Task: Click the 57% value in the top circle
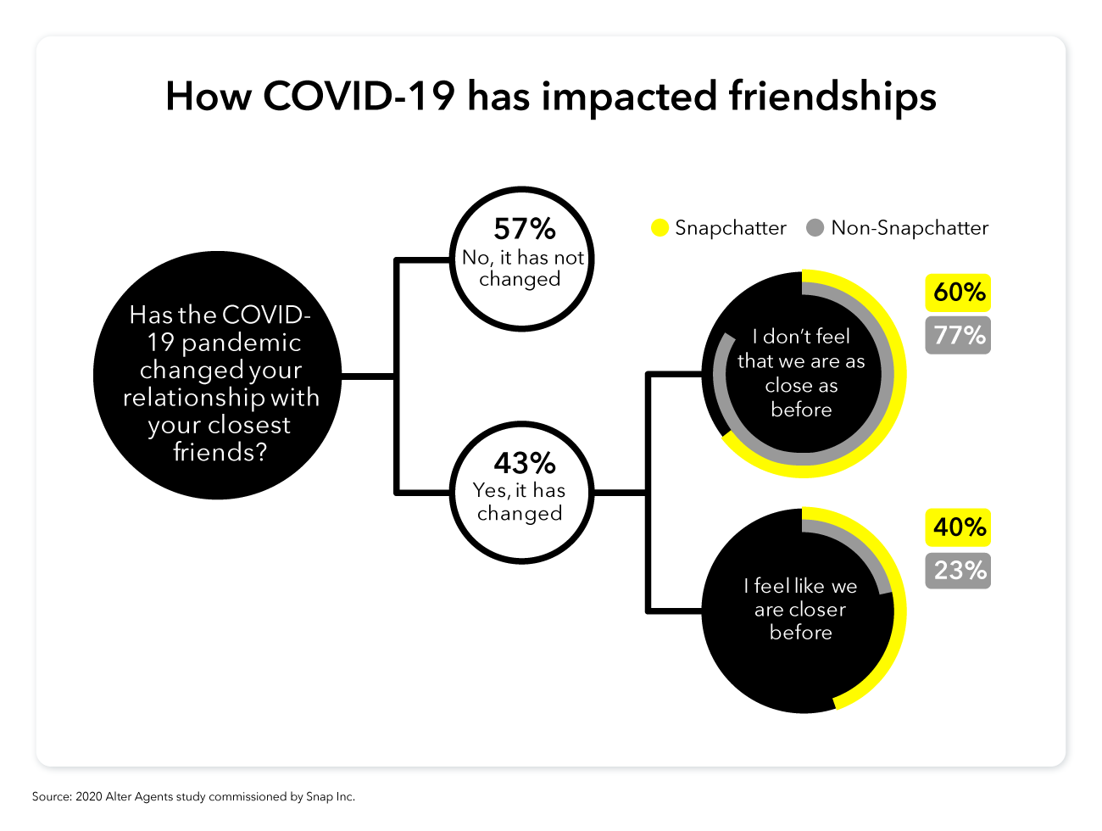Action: click(x=525, y=229)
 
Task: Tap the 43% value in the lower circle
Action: click(x=525, y=462)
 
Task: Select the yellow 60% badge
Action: click(x=958, y=293)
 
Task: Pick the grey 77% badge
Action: click(x=958, y=335)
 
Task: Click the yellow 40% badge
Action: click(x=958, y=527)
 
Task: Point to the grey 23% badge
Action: click(x=958, y=571)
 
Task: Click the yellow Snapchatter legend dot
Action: click(x=660, y=228)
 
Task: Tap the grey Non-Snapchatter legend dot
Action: click(x=815, y=228)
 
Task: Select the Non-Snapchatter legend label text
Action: click(x=910, y=228)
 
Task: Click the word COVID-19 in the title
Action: click(x=359, y=96)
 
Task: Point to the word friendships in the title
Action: click(x=832, y=98)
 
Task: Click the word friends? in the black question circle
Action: click(x=220, y=451)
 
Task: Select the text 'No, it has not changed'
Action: click(x=522, y=268)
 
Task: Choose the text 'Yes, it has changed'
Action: click(x=520, y=502)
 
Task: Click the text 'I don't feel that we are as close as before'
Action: click(x=801, y=373)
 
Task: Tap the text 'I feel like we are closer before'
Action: click(x=800, y=609)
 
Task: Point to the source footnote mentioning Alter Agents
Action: click(x=193, y=796)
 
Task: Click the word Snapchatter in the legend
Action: click(x=731, y=228)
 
